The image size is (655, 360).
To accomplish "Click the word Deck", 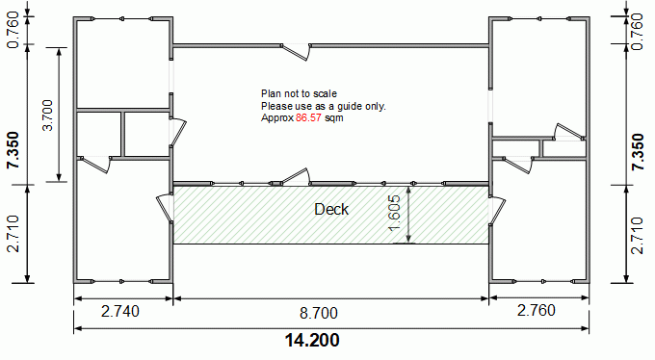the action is (x=331, y=209).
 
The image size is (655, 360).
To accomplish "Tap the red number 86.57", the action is (x=308, y=117).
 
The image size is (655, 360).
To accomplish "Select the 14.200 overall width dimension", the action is (x=312, y=340).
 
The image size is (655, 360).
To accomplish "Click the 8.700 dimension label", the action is (x=319, y=313).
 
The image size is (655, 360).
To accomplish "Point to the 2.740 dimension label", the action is (x=120, y=311).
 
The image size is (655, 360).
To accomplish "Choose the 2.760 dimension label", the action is (x=537, y=310).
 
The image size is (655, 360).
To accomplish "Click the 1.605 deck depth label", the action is (x=394, y=213).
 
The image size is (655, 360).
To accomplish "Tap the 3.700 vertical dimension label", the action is (x=48, y=116).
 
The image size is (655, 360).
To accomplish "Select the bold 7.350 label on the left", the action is (x=13, y=150).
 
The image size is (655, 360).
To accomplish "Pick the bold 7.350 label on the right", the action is (x=638, y=151).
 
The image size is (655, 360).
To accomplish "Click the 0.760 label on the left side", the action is (x=13, y=30).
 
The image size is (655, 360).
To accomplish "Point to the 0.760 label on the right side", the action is (x=638, y=32).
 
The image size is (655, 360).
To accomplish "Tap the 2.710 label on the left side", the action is (x=13, y=234).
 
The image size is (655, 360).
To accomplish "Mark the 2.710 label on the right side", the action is (x=638, y=235).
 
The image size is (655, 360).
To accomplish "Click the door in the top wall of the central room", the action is (x=296, y=52).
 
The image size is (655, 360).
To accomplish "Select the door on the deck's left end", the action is (x=164, y=207).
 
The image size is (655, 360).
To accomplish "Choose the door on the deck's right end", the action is (x=497, y=210).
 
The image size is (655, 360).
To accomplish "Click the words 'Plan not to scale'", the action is (x=300, y=93).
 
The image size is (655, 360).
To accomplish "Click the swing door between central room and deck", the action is (x=296, y=177).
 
